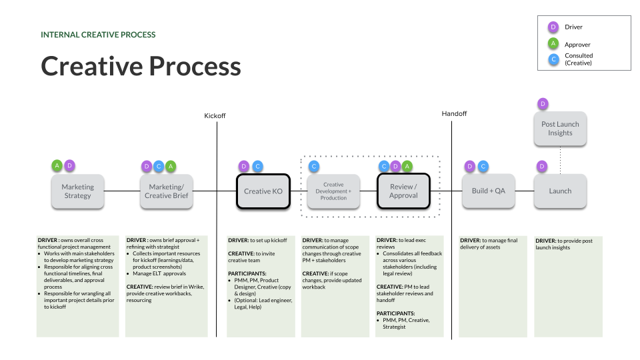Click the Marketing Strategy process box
pyautogui.click(x=78, y=191)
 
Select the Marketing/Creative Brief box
pyautogui.click(x=167, y=191)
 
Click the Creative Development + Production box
pyautogui.click(x=333, y=191)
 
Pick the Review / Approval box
pyautogui.click(x=403, y=191)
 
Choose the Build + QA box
pyautogui.click(x=488, y=191)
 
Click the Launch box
pyautogui.click(x=560, y=191)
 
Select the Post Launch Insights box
pyautogui.click(x=560, y=129)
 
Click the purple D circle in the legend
pyautogui.click(x=553, y=27)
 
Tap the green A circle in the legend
pyautogui.click(x=553, y=44)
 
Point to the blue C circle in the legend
pyautogui.click(x=553, y=59)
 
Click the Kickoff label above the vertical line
pyautogui.click(x=215, y=116)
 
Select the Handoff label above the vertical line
pyautogui.click(x=454, y=114)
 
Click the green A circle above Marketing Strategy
pyautogui.click(x=57, y=165)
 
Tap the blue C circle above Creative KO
pyautogui.click(x=257, y=166)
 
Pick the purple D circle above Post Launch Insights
pyautogui.click(x=543, y=103)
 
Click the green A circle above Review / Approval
pyautogui.click(x=407, y=166)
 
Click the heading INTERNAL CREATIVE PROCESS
pyautogui.click(x=98, y=35)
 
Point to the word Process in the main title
pyautogui.click(x=195, y=67)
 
